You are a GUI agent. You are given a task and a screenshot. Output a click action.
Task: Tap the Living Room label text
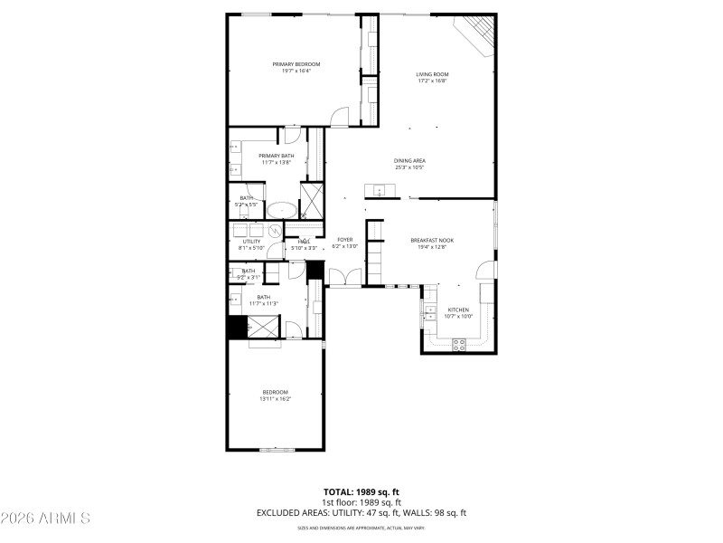[432, 77]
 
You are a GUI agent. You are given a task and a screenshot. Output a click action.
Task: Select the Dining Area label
[409, 164]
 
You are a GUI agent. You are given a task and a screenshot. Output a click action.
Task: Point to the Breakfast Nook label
[432, 243]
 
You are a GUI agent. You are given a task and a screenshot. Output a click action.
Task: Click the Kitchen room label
[458, 312]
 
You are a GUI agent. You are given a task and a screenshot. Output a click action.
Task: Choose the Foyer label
[345, 243]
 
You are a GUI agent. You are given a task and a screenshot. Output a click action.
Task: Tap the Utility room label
[251, 244]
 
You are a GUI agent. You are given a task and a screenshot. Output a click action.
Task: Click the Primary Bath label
[251, 158]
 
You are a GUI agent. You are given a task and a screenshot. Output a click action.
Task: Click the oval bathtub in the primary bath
[282, 210]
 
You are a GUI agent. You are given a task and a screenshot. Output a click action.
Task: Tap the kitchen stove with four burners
[458, 344]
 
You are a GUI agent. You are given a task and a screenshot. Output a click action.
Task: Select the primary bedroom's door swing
[338, 116]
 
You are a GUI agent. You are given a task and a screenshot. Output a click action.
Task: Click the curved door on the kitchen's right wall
[486, 270]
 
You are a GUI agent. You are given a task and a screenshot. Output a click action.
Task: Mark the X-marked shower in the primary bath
[312, 199]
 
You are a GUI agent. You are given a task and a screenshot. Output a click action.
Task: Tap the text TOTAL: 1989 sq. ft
[361, 492]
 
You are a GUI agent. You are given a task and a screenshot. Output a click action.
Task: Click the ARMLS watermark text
[45, 519]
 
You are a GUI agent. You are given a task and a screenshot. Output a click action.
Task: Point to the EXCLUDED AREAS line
[361, 513]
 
